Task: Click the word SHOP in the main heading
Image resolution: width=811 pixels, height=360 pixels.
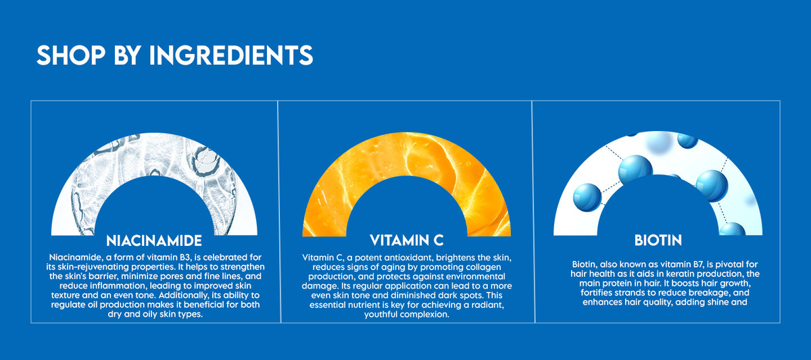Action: tap(71, 55)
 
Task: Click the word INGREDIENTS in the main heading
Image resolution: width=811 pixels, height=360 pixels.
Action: tap(231, 55)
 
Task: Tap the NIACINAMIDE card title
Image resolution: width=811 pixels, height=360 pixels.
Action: tap(154, 240)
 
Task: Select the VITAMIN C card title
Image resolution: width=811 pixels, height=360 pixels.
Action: tap(407, 240)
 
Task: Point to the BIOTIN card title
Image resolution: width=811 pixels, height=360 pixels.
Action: tap(658, 240)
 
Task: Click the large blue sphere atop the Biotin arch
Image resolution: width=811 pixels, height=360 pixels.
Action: tap(635, 170)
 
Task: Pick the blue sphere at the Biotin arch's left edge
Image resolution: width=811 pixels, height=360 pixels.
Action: tap(587, 197)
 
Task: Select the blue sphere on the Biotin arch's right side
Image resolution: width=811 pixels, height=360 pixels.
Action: tap(712, 186)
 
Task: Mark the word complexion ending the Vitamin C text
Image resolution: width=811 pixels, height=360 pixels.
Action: tap(427, 315)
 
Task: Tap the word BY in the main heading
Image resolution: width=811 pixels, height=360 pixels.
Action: tap(127, 55)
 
